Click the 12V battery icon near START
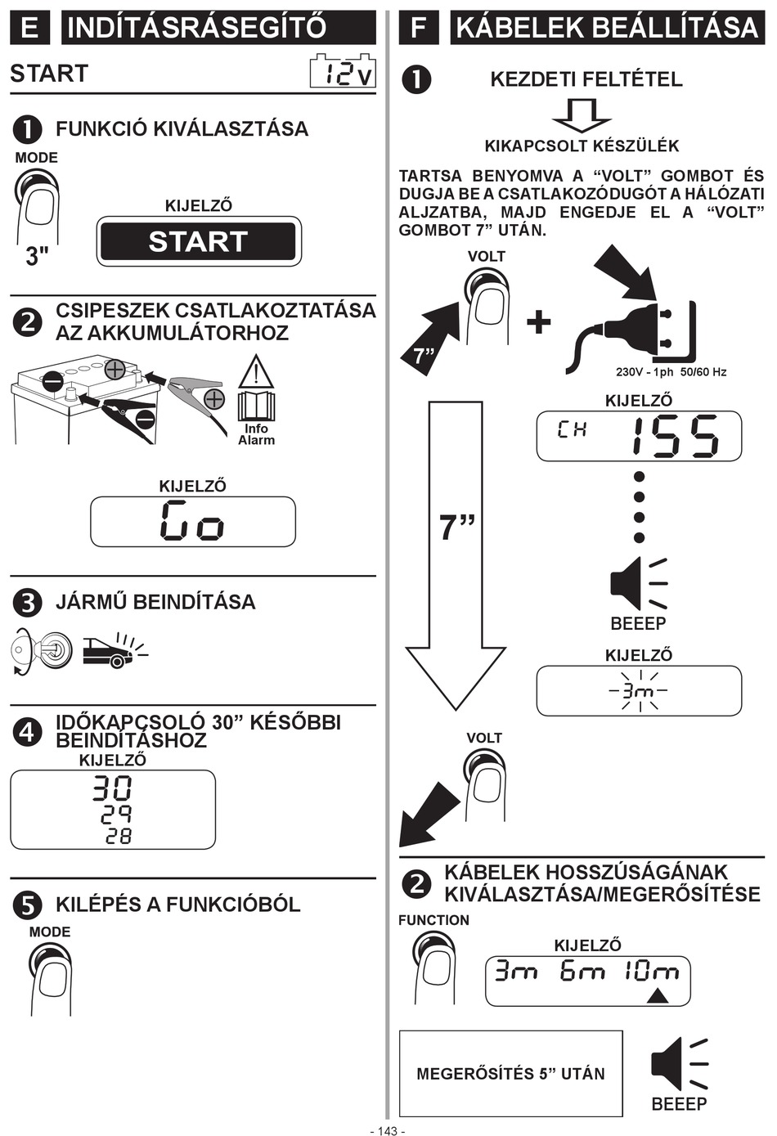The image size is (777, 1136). click(x=343, y=71)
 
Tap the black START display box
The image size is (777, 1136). click(x=198, y=241)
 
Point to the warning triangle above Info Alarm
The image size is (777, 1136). click(x=257, y=372)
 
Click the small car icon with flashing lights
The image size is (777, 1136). click(x=115, y=650)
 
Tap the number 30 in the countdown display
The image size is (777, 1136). click(x=112, y=788)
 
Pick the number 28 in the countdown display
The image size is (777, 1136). click(x=119, y=836)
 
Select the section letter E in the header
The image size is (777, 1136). click(x=30, y=27)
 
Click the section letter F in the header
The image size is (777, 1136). click(x=419, y=27)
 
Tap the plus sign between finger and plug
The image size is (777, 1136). click(x=539, y=322)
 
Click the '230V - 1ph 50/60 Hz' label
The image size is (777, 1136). click(x=671, y=372)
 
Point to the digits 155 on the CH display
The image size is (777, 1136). click(x=676, y=436)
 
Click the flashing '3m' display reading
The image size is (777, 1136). click(x=639, y=691)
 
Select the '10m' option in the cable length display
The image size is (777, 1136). click(x=651, y=971)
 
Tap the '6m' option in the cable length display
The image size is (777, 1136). click(x=582, y=971)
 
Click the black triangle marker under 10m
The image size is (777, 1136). click(x=658, y=996)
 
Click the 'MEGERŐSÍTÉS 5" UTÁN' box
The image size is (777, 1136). click(x=510, y=1073)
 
